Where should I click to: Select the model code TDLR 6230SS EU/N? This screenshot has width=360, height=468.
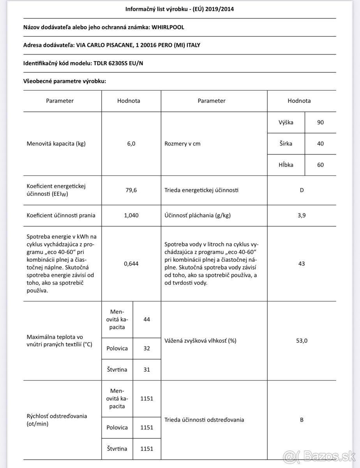(118, 63)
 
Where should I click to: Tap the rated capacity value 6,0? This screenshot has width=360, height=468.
(131, 144)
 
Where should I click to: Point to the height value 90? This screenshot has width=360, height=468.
(320, 122)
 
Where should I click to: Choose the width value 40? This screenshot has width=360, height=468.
(320, 144)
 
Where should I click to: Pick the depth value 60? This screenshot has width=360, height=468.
(320, 165)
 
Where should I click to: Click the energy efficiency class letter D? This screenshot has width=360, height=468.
(302, 190)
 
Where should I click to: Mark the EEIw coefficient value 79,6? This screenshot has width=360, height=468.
(131, 190)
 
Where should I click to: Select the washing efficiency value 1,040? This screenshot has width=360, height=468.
(131, 215)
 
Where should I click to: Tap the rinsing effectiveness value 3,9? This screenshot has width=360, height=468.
(302, 215)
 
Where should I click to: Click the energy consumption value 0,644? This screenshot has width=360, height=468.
(131, 264)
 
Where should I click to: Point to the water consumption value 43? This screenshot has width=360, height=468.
(302, 264)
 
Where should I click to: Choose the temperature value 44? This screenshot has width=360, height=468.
(146, 319)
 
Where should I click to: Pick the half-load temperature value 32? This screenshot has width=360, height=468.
(146, 348)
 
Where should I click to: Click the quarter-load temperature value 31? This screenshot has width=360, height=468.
(146, 369)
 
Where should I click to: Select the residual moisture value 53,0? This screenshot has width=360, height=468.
(302, 340)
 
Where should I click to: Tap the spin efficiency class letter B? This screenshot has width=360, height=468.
(302, 420)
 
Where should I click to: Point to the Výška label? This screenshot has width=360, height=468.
(286, 122)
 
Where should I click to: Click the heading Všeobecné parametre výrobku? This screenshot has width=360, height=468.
(65, 81)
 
